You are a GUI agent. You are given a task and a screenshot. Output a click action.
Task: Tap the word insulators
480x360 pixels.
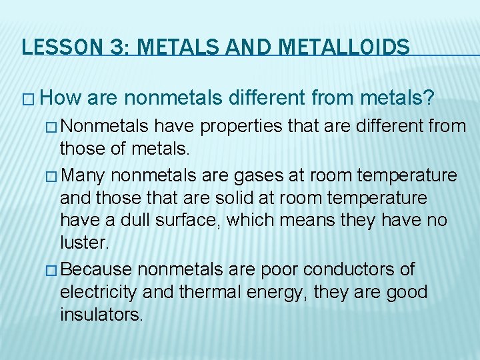101,314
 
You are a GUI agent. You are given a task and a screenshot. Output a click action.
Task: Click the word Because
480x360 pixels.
100,269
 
